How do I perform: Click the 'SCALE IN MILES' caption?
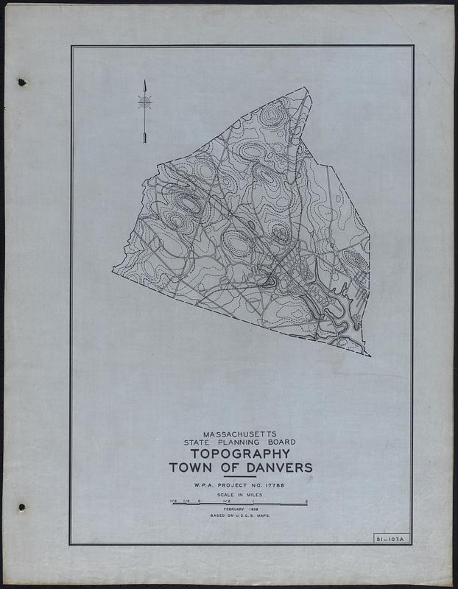241,496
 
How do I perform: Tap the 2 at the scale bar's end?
306,501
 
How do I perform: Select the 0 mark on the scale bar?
199,501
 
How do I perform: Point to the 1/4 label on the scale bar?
186,501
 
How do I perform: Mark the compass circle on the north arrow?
145,102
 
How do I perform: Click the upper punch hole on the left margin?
21,81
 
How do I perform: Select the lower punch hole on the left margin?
21,507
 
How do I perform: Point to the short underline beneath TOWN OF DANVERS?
241,476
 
